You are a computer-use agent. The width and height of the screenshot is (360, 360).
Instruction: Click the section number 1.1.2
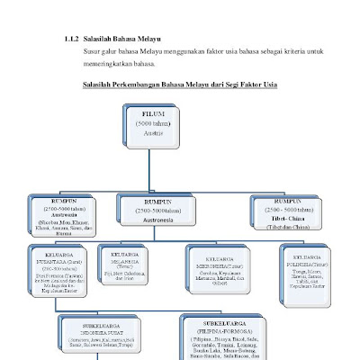72,40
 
